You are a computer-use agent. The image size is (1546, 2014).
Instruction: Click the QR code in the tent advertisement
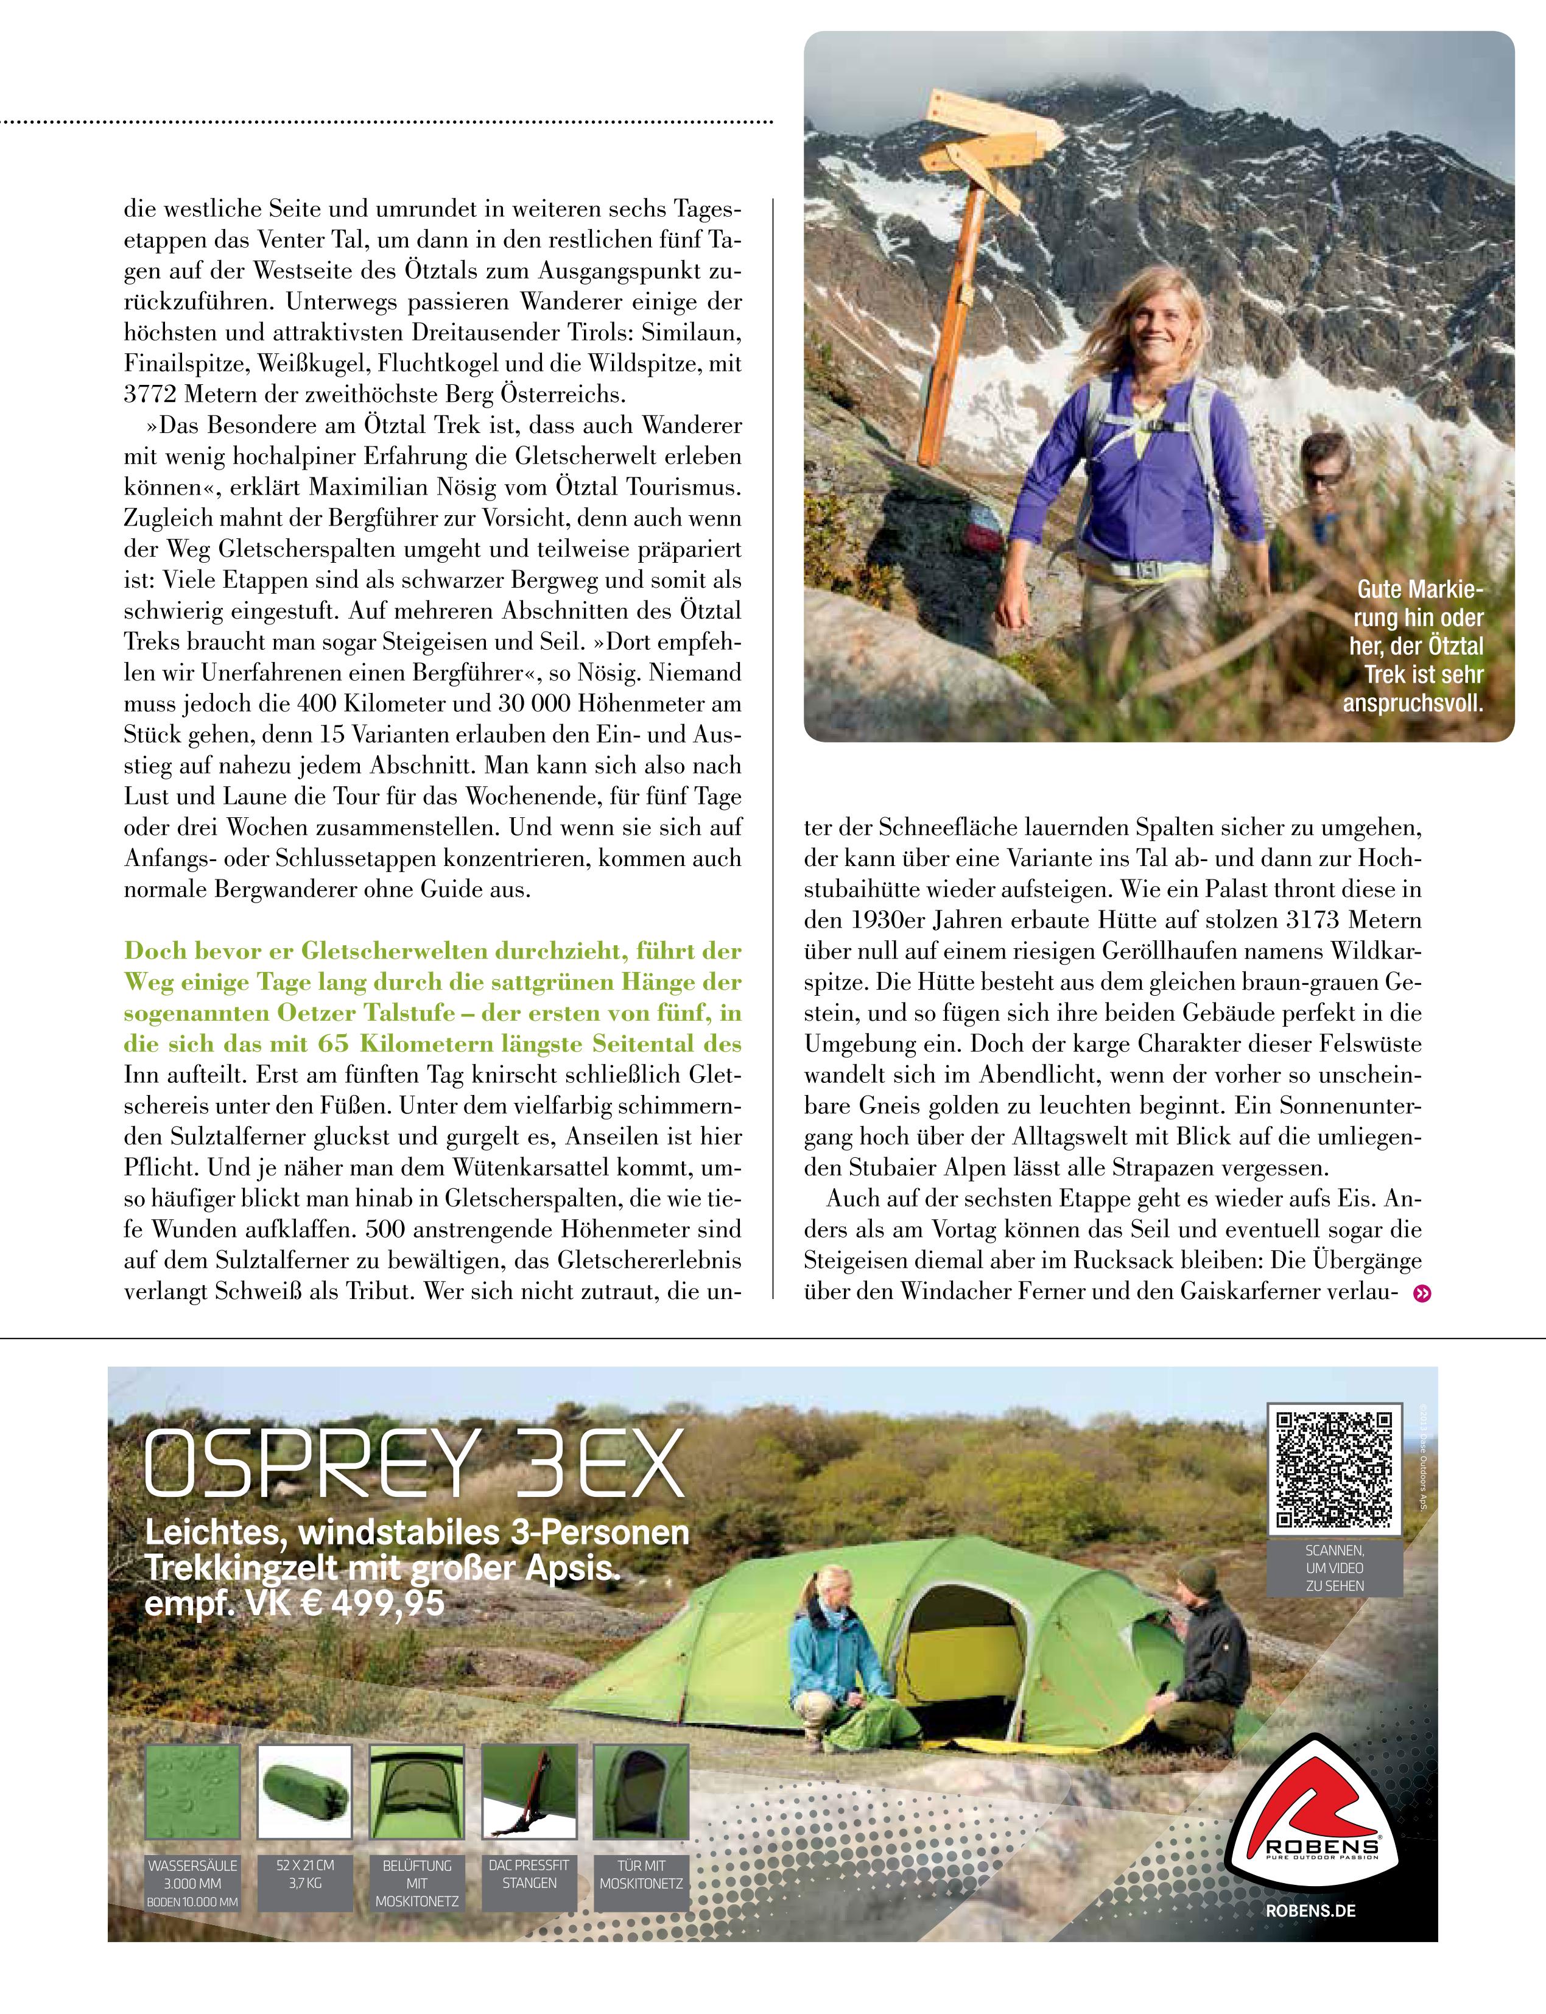[1333, 1468]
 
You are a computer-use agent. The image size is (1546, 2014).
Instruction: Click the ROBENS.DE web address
[1310, 1910]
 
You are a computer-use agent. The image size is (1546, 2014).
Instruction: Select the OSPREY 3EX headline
[414, 1463]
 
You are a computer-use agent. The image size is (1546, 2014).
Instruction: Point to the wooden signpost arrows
[994, 130]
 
